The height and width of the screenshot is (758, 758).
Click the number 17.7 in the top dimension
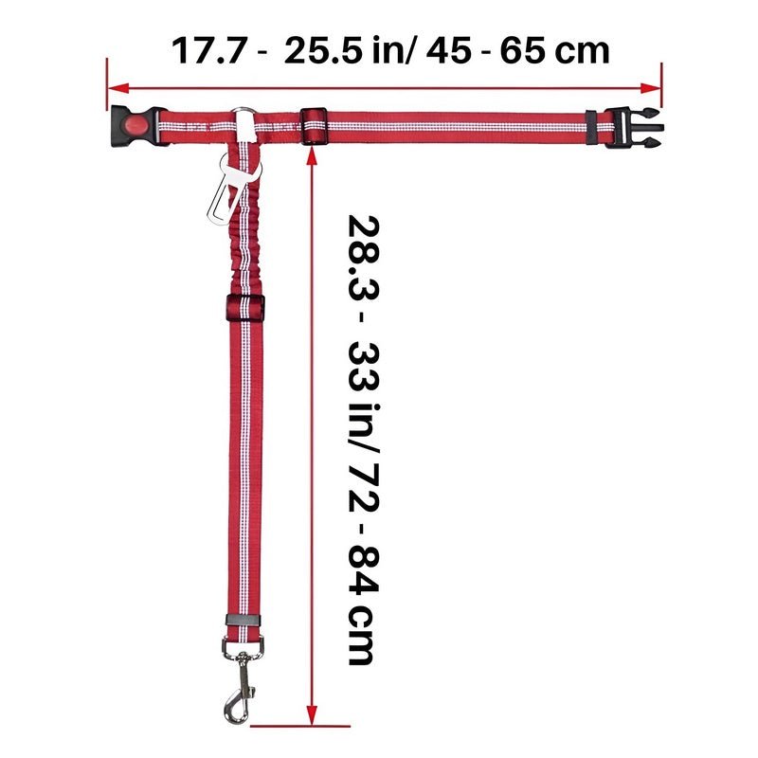(x=209, y=51)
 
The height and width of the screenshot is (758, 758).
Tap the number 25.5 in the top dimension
(x=323, y=51)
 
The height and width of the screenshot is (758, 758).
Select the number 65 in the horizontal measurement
(x=524, y=51)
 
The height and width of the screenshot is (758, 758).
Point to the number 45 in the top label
(x=448, y=51)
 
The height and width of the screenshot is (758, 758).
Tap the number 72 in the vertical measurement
(x=364, y=487)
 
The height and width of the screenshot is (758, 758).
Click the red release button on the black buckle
(x=135, y=126)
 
